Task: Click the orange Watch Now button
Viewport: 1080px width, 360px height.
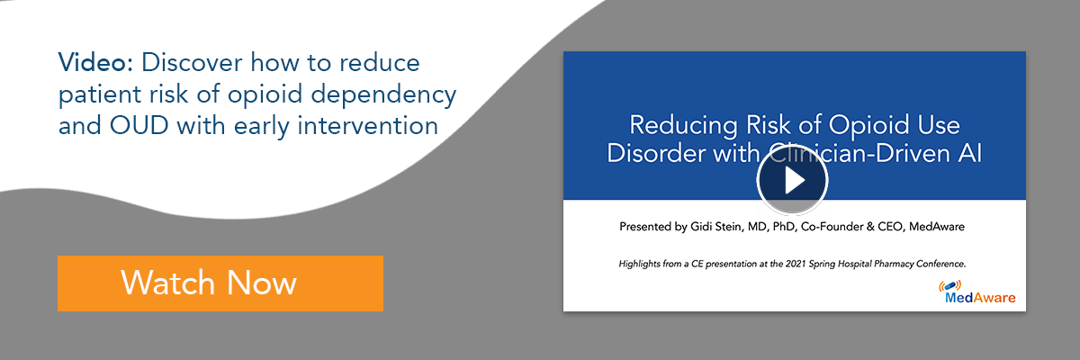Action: [x=220, y=283]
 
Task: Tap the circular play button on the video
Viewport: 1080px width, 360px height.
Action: [x=792, y=180]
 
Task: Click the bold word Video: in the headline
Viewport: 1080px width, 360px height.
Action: [x=95, y=63]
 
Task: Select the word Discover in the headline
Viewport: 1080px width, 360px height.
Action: [x=192, y=63]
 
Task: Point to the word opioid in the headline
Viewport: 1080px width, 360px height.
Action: [x=265, y=94]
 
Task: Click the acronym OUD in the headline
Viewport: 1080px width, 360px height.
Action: [x=139, y=126]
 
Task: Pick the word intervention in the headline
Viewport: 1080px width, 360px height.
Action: [x=367, y=126]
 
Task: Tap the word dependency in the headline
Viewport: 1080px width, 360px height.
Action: [x=383, y=94]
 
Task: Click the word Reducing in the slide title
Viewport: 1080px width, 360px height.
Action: [x=683, y=126]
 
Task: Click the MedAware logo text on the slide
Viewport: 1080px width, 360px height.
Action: [x=980, y=298]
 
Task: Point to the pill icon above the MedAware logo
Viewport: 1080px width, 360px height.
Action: [x=949, y=286]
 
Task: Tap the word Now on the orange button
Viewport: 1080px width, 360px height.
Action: [x=261, y=283]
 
